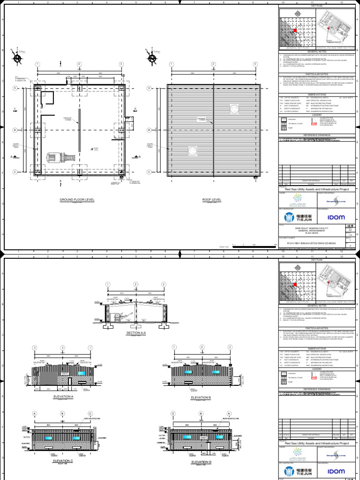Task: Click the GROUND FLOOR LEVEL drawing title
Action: (77, 200)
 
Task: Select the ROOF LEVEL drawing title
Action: (211, 200)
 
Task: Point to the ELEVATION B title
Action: (201, 397)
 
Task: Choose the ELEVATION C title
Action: (63, 462)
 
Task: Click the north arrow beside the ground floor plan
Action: (17, 58)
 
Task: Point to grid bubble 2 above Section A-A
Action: (135, 285)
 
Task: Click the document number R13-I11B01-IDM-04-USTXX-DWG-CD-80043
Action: (307, 244)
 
